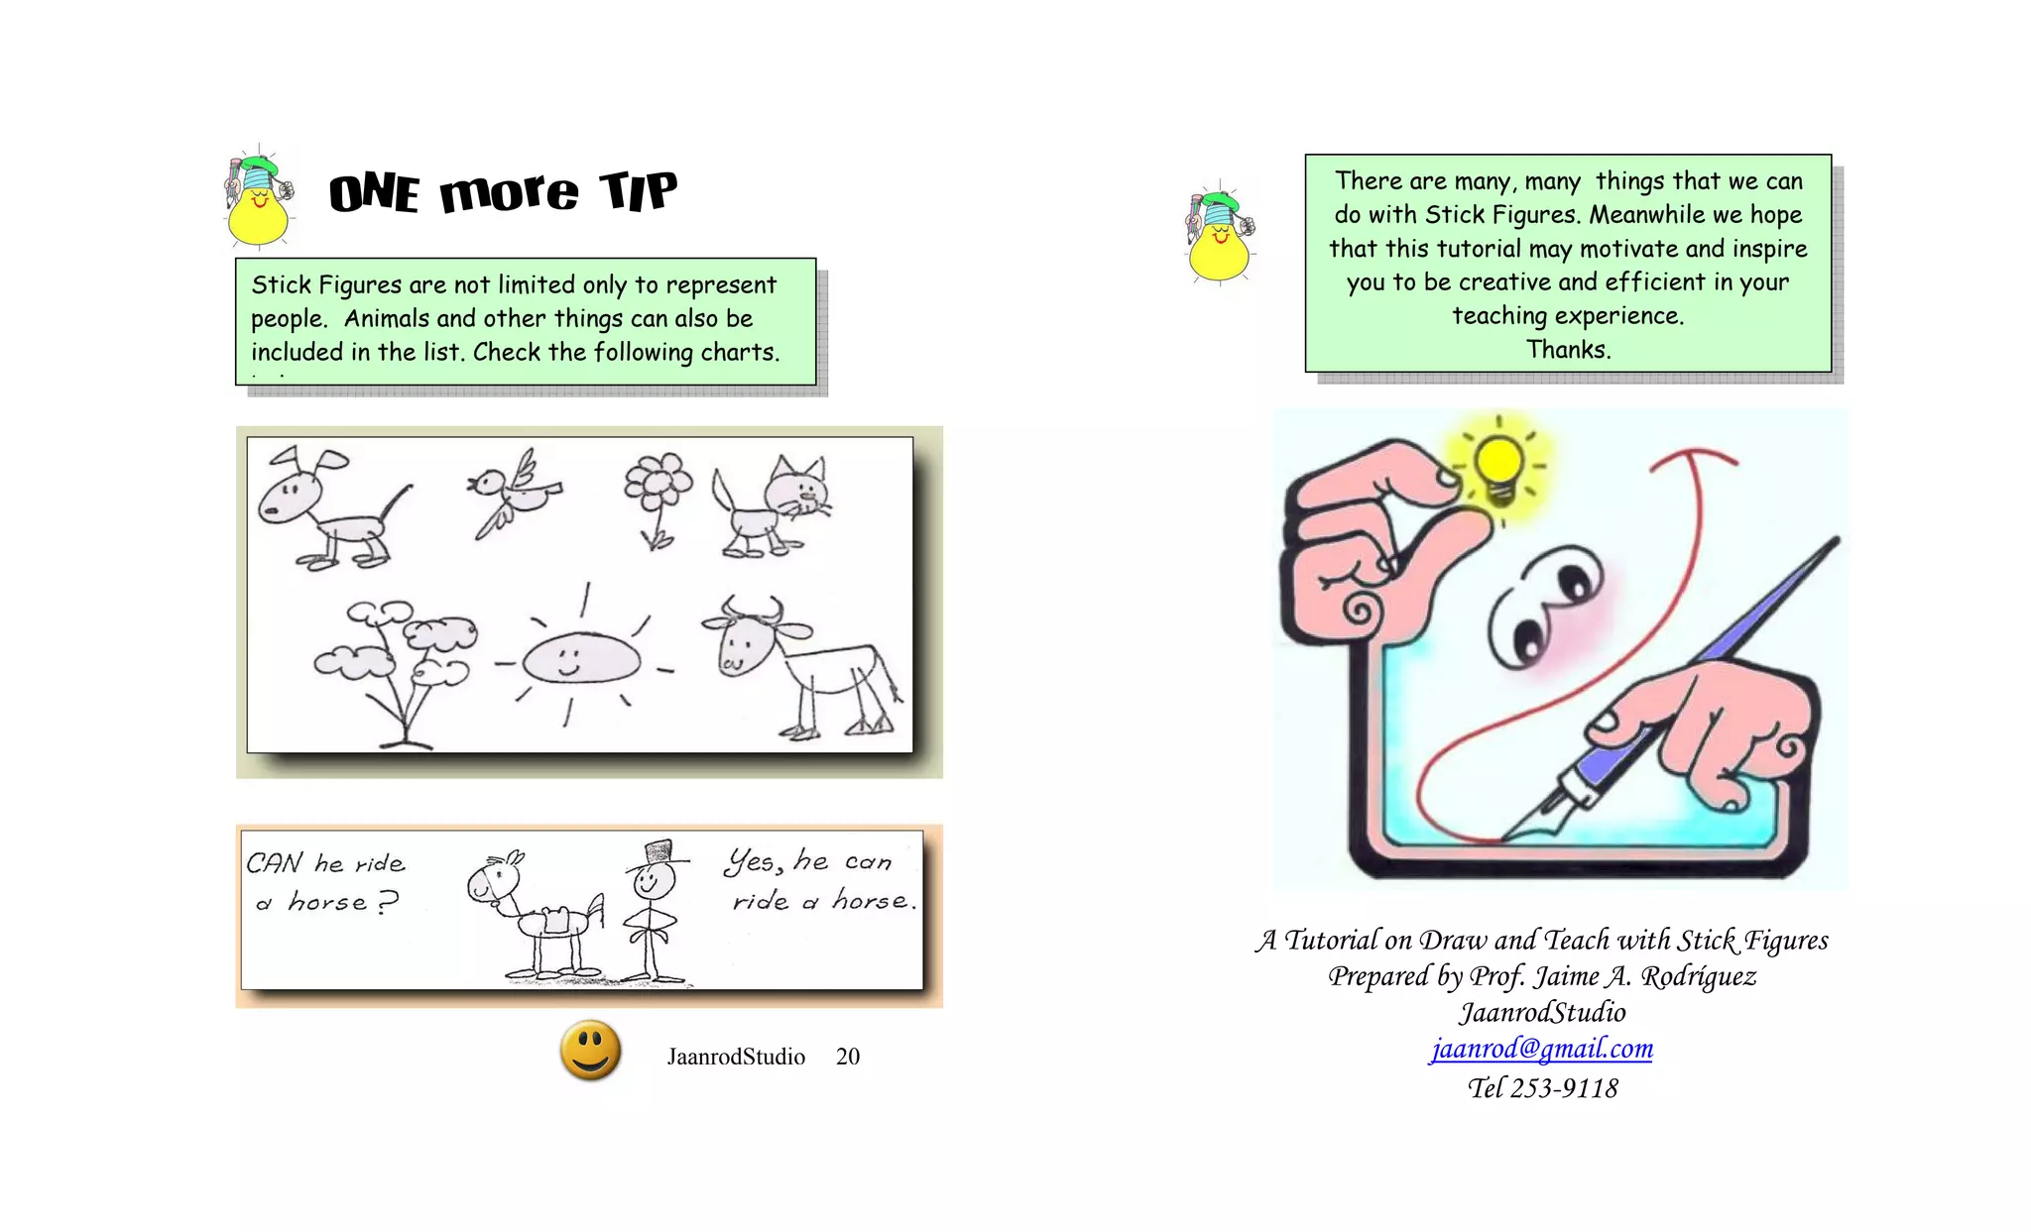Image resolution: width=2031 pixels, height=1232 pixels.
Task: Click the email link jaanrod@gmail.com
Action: point(1541,1049)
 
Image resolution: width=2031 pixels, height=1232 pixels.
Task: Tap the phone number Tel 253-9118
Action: point(1542,1088)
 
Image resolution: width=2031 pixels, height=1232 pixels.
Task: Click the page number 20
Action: point(847,1057)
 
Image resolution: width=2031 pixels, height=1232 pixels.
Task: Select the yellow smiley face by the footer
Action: point(590,1050)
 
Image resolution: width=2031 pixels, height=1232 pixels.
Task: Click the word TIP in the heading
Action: point(638,190)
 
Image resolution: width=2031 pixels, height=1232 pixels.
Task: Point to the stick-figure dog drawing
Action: point(327,510)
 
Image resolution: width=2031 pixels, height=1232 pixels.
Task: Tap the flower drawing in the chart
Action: point(657,496)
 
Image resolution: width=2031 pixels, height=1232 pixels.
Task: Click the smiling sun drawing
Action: point(580,658)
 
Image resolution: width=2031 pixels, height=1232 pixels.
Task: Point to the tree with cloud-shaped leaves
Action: point(397,664)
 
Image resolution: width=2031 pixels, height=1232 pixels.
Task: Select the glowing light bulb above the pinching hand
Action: point(1499,466)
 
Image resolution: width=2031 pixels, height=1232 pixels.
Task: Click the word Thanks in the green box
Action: point(1568,350)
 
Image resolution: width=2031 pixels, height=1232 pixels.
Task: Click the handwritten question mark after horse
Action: point(388,901)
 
